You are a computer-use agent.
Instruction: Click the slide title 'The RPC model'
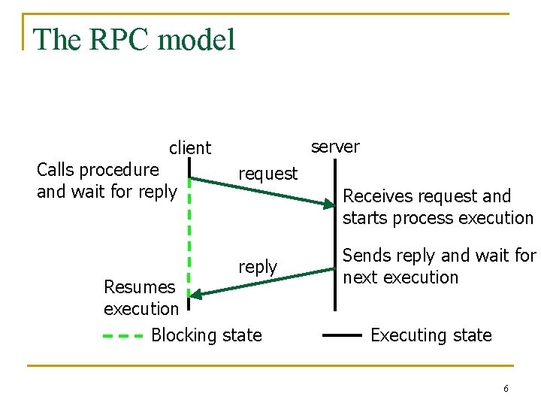point(134,40)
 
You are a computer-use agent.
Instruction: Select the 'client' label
point(190,148)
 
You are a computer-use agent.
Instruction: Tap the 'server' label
point(335,147)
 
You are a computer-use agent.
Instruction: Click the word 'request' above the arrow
point(267,174)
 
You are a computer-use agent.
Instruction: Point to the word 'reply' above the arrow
point(258,267)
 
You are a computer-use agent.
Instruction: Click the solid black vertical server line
point(335,248)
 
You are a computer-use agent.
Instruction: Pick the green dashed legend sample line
point(122,336)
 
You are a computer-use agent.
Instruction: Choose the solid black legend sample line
point(342,336)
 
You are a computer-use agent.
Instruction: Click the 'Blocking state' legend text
point(207,335)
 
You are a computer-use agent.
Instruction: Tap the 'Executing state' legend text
point(431,335)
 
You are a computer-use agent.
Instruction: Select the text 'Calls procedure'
point(98,170)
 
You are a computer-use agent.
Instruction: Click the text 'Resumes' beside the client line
point(139,286)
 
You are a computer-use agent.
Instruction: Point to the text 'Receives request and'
point(427,196)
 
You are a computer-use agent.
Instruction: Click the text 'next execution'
point(400,277)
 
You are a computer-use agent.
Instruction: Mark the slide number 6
point(506,389)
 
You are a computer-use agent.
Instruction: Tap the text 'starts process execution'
point(438,218)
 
